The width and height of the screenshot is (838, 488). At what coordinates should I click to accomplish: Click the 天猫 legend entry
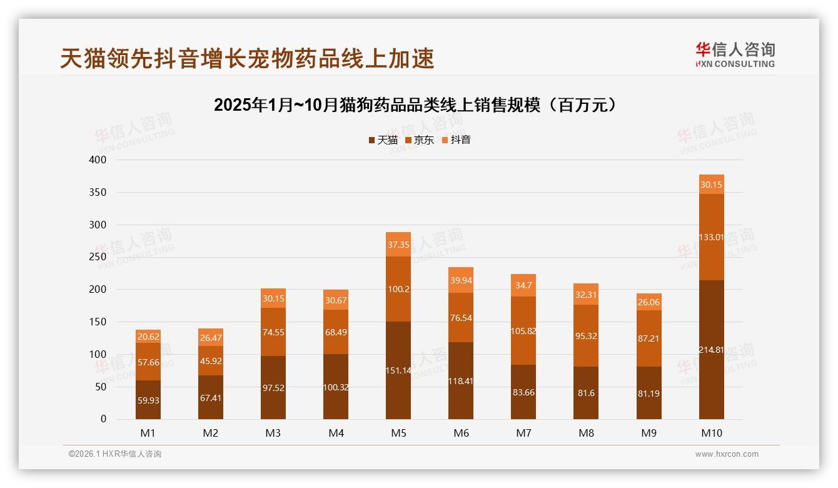[x=383, y=140]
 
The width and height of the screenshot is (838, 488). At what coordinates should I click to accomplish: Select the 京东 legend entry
[x=420, y=140]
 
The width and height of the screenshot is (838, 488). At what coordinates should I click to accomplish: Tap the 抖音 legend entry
[x=457, y=140]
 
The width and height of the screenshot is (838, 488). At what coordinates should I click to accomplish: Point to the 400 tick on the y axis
[x=98, y=160]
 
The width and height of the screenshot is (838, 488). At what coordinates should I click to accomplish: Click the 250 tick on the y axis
[x=98, y=257]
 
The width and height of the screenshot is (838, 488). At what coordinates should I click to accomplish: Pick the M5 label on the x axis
[x=398, y=433]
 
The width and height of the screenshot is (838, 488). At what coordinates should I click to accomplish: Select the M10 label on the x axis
[x=711, y=433]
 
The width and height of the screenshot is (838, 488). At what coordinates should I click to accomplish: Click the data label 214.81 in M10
[x=711, y=350]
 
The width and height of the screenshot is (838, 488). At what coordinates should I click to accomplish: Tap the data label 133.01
[x=711, y=237]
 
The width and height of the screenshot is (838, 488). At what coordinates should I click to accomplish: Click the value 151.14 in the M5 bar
[x=398, y=370]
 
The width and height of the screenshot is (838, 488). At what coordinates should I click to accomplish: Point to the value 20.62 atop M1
[x=148, y=336]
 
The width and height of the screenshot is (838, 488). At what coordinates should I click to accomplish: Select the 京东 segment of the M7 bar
[x=523, y=331]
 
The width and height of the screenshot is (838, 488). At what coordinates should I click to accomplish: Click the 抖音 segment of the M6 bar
[x=461, y=280]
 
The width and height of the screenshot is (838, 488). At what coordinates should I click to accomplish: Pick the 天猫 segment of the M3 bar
[x=273, y=388]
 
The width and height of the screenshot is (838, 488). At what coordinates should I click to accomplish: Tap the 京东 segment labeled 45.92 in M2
[x=211, y=361]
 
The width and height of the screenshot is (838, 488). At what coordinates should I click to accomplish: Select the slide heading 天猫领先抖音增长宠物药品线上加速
[x=247, y=59]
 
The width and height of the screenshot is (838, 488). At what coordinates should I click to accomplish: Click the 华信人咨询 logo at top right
[x=735, y=54]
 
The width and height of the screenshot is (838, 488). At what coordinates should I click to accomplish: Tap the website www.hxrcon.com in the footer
[x=727, y=454]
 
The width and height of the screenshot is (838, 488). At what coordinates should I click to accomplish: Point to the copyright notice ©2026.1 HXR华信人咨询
[x=115, y=454]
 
